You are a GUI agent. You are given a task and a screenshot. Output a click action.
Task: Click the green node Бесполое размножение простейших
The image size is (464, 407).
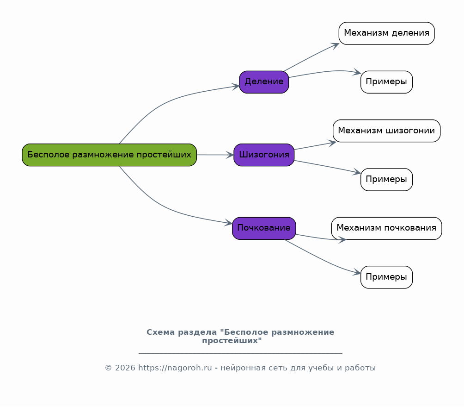pyautogui.click(x=109, y=155)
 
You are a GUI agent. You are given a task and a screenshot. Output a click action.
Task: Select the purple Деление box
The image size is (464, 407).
pyautogui.click(x=264, y=82)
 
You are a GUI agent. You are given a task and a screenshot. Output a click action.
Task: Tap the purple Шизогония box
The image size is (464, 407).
pyautogui.click(x=264, y=155)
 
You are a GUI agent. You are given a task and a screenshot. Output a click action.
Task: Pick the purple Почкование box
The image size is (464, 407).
pyautogui.click(x=264, y=228)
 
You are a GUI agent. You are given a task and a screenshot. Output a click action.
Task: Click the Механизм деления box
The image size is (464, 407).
pyautogui.click(x=386, y=33)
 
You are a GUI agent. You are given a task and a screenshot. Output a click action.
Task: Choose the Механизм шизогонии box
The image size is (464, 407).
pyautogui.click(x=386, y=131)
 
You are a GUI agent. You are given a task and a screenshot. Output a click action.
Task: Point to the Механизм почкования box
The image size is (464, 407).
pyautogui.click(x=386, y=228)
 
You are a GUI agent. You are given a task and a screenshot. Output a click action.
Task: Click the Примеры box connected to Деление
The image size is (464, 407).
pyautogui.click(x=386, y=82)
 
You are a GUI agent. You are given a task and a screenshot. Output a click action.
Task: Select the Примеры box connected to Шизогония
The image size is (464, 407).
pyautogui.click(x=386, y=179)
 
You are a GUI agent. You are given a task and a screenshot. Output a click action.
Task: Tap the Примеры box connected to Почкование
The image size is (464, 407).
pyautogui.click(x=386, y=277)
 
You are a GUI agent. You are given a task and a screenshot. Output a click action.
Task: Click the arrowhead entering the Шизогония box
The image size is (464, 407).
pyautogui.click(x=230, y=155)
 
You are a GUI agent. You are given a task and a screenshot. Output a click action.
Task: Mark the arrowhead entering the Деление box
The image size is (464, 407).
pyautogui.click(x=236, y=86)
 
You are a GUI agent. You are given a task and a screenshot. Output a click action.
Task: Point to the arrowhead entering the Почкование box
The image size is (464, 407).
pyautogui.click(x=229, y=223)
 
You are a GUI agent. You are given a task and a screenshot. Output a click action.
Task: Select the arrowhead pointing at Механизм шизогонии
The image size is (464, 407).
pyautogui.click(x=333, y=143)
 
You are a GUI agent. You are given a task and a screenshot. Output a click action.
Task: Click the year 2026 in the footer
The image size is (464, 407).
pyautogui.click(x=125, y=368)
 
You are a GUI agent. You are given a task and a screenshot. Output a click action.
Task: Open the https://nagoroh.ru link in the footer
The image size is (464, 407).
pyautogui.click(x=175, y=368)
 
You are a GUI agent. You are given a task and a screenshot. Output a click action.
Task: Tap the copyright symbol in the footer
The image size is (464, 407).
pyautogui.click(x=108, y=368)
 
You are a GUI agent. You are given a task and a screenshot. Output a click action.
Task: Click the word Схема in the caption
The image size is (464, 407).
pyautogui.click(x=161, y=332)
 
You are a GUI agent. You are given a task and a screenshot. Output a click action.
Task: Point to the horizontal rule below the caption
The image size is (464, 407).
pyautogui.click(x=240, y=353)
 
